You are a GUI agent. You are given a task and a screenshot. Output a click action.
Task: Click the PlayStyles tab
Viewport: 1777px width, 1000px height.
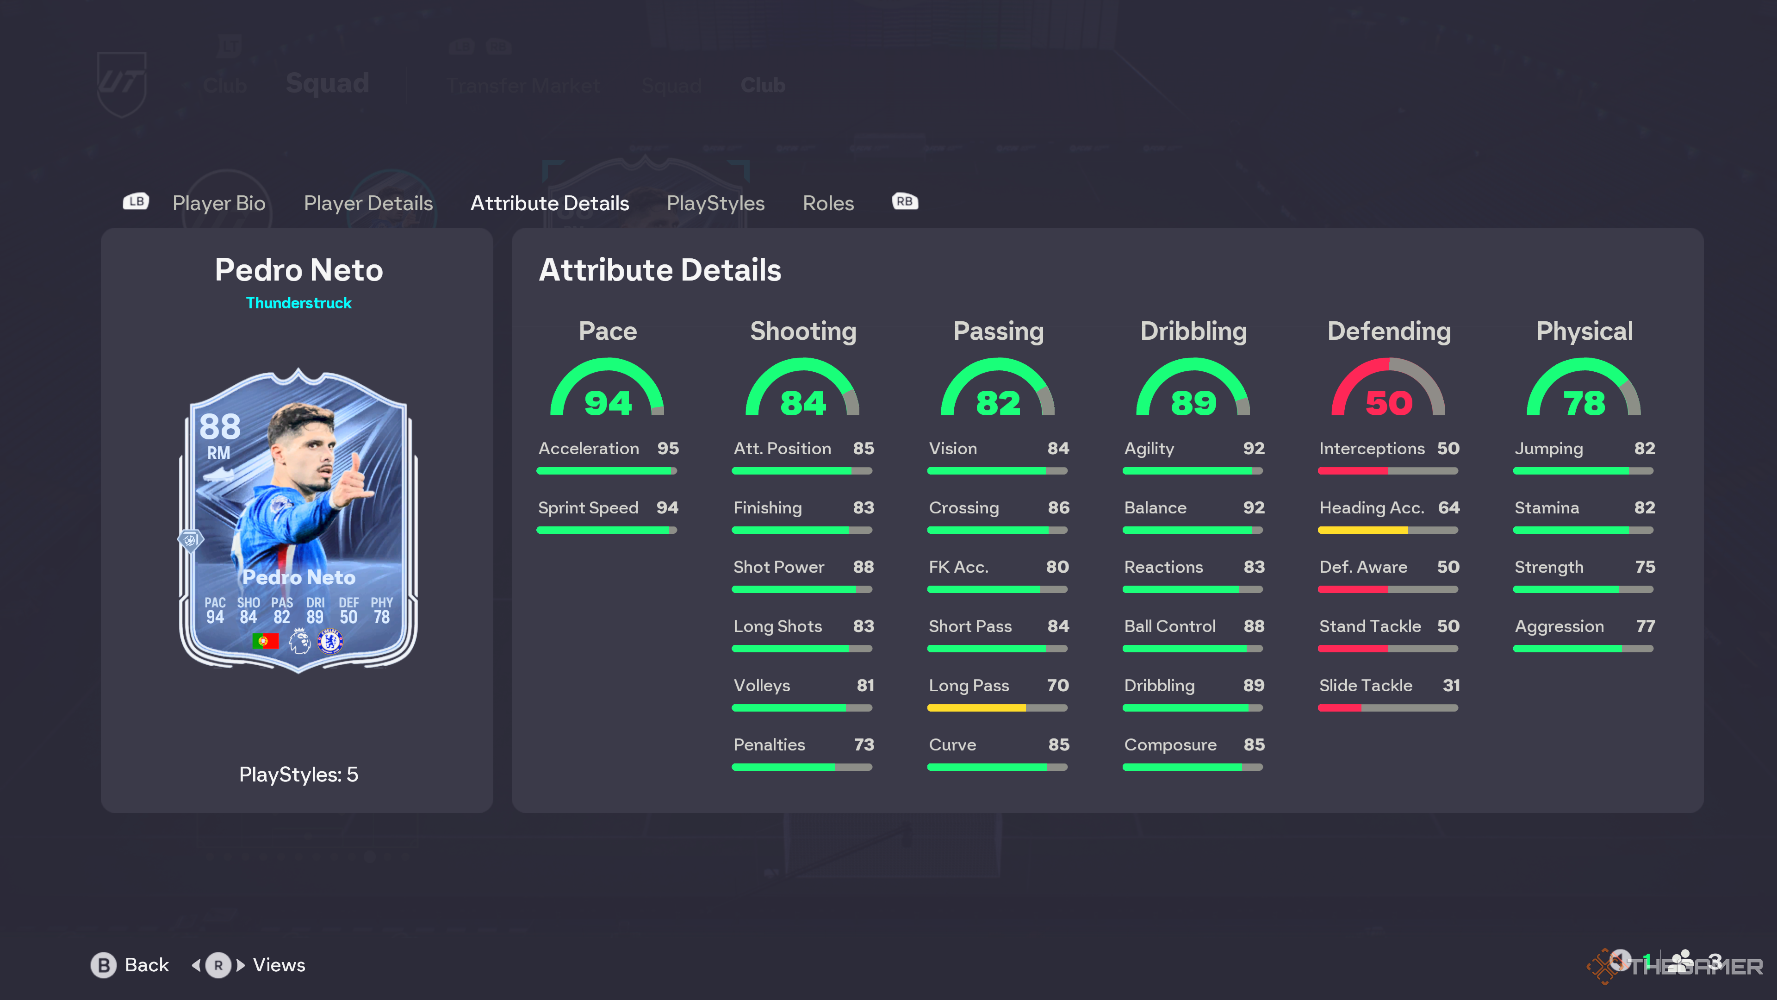(x=715, y=203)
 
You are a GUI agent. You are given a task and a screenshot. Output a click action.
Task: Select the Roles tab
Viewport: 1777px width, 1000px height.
(x=828, y=203)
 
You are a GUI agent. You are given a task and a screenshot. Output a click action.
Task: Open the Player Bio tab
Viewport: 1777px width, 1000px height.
(x=219, y=203)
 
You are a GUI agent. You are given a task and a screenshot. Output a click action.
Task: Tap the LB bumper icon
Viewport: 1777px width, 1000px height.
(x=136, y=201)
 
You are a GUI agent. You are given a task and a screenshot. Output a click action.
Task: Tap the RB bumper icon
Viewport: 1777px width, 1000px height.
(x=904, y=201)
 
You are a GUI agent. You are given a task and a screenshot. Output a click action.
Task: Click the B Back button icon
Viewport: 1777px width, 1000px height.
(x=104, y=965)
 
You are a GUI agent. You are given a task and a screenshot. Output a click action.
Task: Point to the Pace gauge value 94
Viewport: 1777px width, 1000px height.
(x=608, y=403)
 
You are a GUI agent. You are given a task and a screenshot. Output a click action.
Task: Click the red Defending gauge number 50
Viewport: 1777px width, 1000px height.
(x=1389, y=403)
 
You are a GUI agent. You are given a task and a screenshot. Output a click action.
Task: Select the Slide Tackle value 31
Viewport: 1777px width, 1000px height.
(x=1451, y=685)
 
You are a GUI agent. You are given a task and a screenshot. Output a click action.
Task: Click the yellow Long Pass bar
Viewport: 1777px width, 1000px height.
(x=976, y=708)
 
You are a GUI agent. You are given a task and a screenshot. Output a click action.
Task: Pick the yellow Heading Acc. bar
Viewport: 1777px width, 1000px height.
(x=1362, y=531)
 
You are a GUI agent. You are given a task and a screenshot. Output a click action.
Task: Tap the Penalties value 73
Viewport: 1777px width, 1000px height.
(x=864, y=744)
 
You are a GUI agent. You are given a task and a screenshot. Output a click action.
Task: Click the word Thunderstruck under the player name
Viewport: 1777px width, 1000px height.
(x=298, y=303)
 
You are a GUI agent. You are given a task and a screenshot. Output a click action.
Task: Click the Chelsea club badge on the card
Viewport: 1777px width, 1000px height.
(x=330, y=641)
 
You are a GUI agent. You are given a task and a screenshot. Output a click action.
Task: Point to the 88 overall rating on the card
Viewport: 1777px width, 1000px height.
(x=219, y=427)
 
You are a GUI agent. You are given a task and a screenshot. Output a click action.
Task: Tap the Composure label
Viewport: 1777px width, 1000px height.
(x=1170, y=744)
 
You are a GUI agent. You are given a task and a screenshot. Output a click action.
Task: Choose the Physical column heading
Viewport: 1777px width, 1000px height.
(x=1584, y=331)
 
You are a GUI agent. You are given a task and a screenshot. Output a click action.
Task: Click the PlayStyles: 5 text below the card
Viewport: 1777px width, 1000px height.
(x=298, y=775)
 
